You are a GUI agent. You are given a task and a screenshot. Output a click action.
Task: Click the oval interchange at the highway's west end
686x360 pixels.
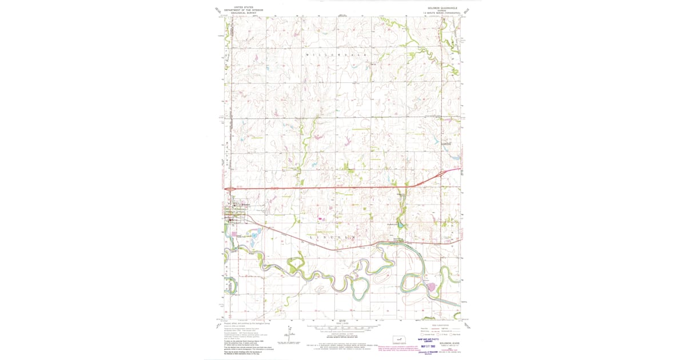pyautogui.click(x=229, y=189)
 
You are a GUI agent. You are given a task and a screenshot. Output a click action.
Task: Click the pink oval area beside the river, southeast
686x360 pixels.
pyautogui.click(x=432, y=287)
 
